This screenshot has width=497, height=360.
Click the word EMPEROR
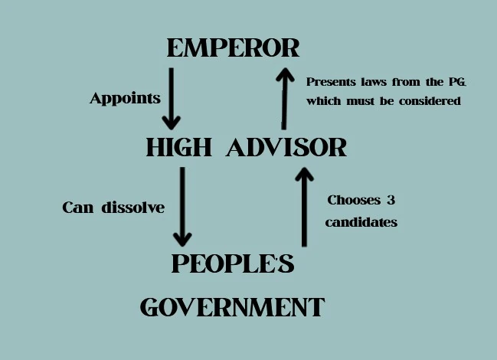[x=233, y=48]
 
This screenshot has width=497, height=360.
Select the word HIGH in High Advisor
[x=178, y=147]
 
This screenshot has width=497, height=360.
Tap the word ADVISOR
[x=286, y=147]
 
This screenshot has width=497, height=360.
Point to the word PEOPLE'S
[x=233, y=263]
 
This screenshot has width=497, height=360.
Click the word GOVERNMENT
[x=233, y=307]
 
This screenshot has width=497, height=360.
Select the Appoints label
[x=125, y=98]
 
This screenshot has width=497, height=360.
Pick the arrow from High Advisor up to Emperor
[x=284, y=98]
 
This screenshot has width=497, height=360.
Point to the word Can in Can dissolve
[x=79, y=208]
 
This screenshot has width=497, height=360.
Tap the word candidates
[x=361, y=223]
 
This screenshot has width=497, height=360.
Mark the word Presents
[x=330, y=81]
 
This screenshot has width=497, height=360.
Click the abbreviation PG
[x=449, y=81]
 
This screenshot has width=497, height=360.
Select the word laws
[x=374, y=81]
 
